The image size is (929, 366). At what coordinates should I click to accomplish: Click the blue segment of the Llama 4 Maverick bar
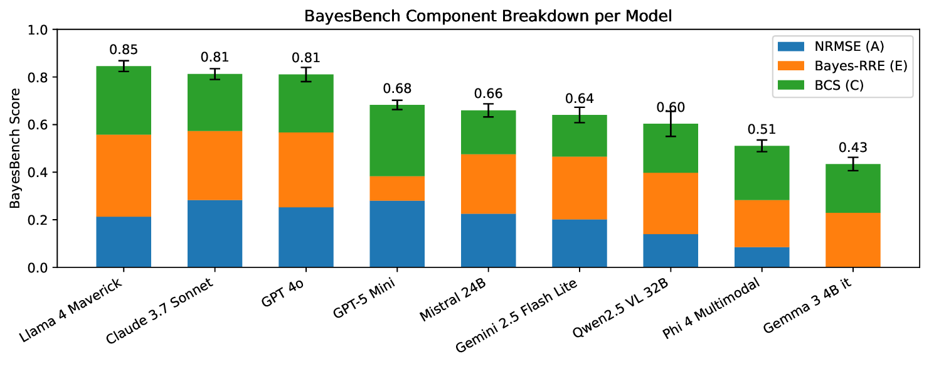click(124, 242)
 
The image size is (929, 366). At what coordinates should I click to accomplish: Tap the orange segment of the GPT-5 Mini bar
click(397, 188)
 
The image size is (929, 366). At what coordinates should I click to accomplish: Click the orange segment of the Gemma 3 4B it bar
click(852, 240)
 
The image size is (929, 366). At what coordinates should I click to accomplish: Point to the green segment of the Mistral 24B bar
click(488, 132)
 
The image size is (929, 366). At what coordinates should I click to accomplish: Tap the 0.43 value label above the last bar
click(852, 148)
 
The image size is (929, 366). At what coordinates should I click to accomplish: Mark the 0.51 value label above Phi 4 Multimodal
click(762, 130)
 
